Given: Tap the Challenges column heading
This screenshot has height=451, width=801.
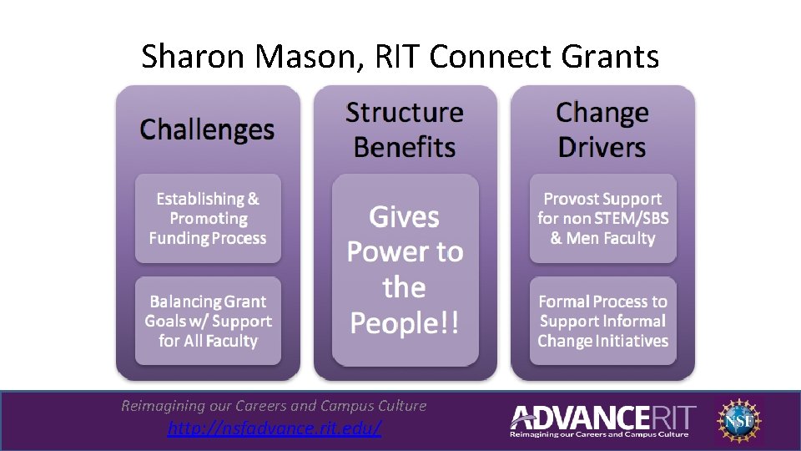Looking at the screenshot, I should click(x=207, y=129).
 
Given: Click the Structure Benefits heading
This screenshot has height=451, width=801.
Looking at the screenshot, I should click(x=405, y=129).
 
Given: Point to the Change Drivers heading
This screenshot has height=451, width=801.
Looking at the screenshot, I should click(x=602, y=129).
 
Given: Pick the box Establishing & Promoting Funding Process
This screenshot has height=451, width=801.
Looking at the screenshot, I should click(x=208, y=219).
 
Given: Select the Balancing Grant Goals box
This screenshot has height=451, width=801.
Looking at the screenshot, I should click(x=208, y=321).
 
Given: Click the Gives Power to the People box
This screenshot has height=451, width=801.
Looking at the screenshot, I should click(x=405, y=270).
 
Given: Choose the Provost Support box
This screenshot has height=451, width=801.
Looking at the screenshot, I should click(x=602, y=219).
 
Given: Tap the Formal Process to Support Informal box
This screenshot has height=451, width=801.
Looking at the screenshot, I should click(x=602, y=321).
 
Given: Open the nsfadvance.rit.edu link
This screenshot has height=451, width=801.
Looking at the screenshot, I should click(x=275, y=428).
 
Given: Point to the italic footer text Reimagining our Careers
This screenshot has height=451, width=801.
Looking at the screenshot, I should click(x=274, y=406).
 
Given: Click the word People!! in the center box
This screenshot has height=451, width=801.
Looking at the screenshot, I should click(x=405, y=322).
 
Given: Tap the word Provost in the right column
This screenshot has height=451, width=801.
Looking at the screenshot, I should click(x=572, y=199).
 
